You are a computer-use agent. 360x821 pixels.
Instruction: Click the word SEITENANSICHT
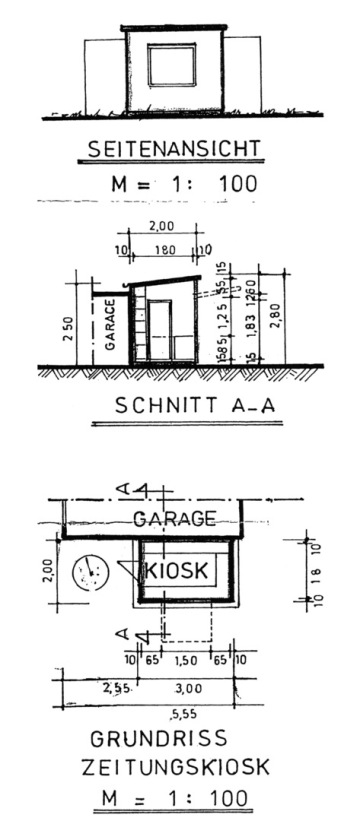174,150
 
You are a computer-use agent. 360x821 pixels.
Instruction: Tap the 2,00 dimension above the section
160,228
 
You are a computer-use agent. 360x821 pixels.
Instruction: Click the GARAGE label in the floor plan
175,518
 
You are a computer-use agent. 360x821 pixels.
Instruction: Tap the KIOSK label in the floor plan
177,570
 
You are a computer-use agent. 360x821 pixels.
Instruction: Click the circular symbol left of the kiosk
89,571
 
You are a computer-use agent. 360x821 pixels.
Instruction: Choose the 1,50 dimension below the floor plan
185,660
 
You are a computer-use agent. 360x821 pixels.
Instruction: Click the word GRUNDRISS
159,739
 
